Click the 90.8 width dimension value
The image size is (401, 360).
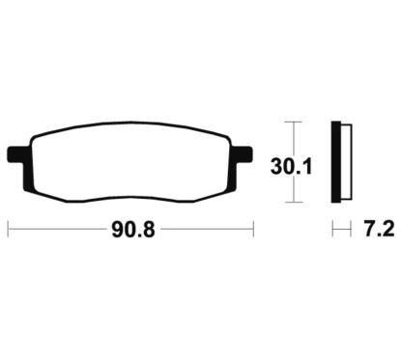pos(133,230)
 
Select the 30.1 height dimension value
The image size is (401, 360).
pos(292,167)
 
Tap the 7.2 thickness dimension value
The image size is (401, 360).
pos(379,230)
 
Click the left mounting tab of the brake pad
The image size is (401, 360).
pos(16,154)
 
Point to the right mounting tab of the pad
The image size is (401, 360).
pos(243,154)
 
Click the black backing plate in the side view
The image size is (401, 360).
pos(336,162)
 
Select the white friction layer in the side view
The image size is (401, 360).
pos(346,162)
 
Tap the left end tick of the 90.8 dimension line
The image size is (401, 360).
pos(8,229)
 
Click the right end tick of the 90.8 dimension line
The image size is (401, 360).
pos(253,229)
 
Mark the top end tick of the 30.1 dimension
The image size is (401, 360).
pos(294,122)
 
